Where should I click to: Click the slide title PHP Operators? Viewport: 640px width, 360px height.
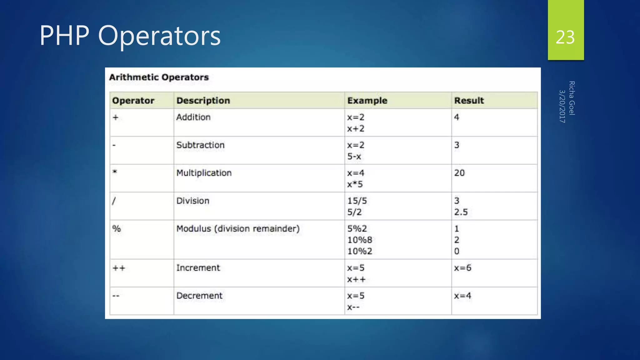pyautogui.click(x=130, y=36)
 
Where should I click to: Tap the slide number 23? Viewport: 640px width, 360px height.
pyautogui.click(x=565, y=37)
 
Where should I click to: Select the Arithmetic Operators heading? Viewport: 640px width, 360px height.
pyautogui.click(x=159, y=77)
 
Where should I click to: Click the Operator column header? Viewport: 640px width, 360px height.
pyautogui.click(x=133, y=101)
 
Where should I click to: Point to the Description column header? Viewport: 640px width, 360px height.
pyautogui.click(x=203, y=101)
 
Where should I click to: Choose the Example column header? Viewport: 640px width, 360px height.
pyautogui.click(x=367, y=101)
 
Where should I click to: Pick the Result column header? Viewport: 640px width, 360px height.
pyautogui.click(x=469, y=101)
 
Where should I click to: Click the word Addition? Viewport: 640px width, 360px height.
pyautogui.click(x=193, y=117)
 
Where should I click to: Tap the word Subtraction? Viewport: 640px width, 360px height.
pyautogui.click(x=200, y=145)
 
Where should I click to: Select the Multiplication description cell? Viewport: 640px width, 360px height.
pyautogui.click(x=204, y=173)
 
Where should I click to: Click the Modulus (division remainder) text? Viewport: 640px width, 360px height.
pyautogui.click(x=238, y=229)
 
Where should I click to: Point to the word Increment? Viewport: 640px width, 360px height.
pyautogui.click(x=198, y=268)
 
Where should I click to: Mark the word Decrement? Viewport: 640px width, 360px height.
pyautogui.click(x=199, y=296)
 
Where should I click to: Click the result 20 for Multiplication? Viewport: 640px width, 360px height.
pyautogui.click(x=459, y=173)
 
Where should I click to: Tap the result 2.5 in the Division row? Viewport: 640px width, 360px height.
pyautogui.click(x=461, y=212)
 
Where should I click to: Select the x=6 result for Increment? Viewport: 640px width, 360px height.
pyautogui.click(x=462, y=268)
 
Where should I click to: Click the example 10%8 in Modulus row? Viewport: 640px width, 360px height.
pyautogui.click(x=360, y=240)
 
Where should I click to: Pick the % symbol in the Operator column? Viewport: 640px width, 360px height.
pyautogui.click(x=117, y=229)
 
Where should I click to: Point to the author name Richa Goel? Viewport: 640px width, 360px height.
pyautogui.click(x=572, y=98)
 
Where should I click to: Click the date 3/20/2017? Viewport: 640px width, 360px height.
pyautogui.click(x=562, y=106)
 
